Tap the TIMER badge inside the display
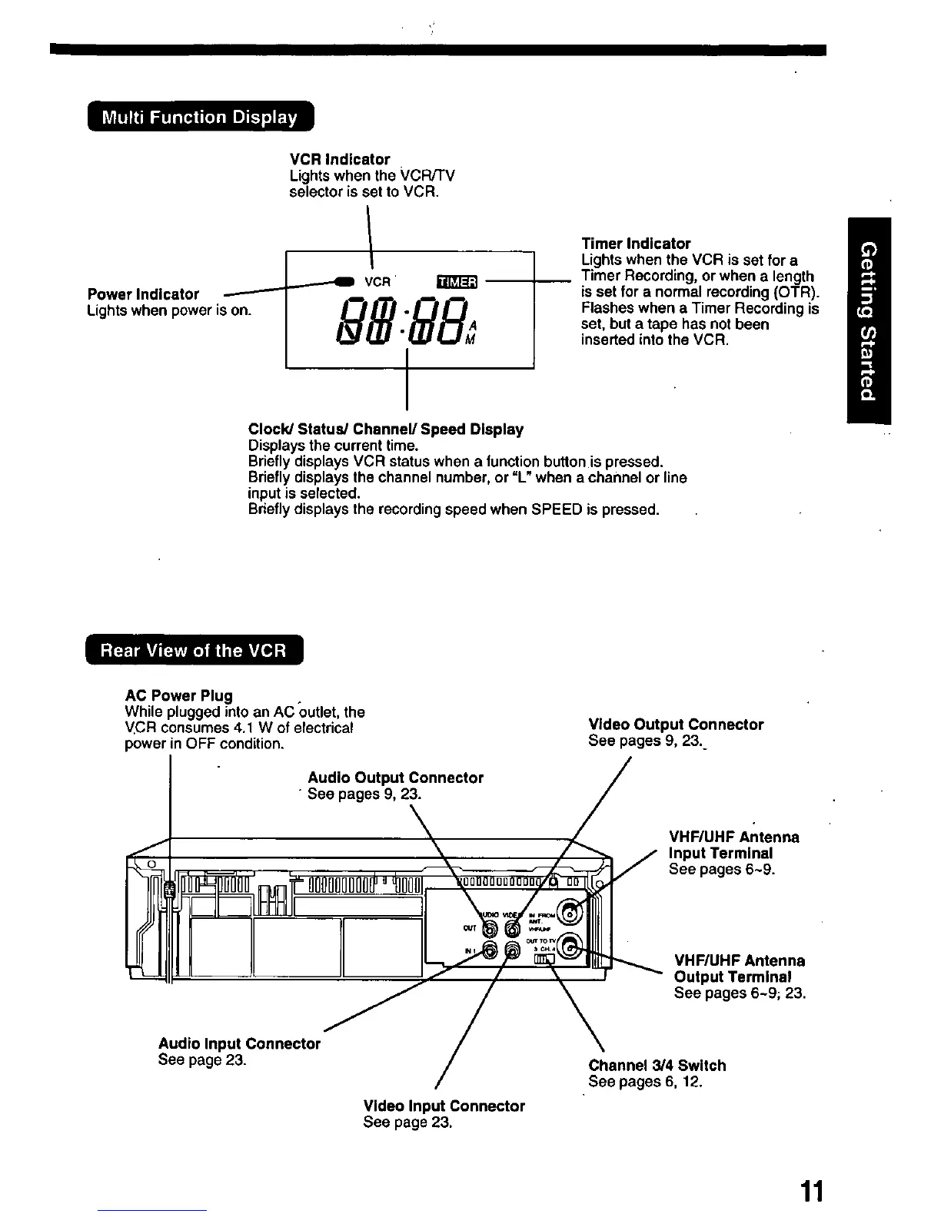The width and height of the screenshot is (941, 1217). (457, 282)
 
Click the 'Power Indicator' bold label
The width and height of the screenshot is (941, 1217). (143, 294)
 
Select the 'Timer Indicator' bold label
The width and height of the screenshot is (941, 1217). (636, 244)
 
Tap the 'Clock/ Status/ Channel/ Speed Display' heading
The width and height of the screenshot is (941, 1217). (385, 429)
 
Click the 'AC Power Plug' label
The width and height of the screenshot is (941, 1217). (178, 696)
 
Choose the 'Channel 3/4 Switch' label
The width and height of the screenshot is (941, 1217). (657, 1066)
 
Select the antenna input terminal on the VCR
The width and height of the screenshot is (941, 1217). (570, 912)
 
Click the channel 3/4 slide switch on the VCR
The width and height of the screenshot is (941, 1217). (543, 959)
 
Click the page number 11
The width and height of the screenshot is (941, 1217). (811, 1192)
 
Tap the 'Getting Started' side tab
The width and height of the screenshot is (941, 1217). (869, 320)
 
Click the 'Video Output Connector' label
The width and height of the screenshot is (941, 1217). (676, 725)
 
